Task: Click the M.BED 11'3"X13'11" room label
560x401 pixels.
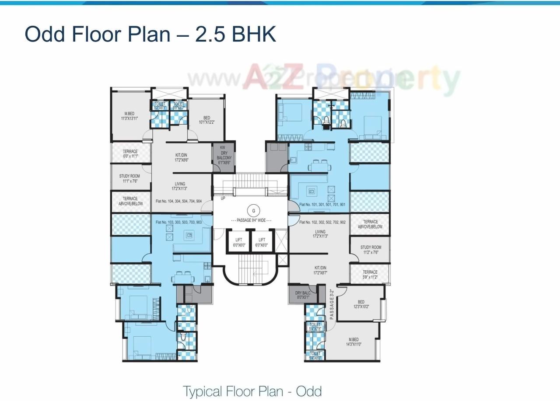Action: coord(129,116)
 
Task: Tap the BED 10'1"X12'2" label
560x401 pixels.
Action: coord(206,120)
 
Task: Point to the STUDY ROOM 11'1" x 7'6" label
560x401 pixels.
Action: coord(129,178)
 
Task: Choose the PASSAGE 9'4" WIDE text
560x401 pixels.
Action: coord(251,220)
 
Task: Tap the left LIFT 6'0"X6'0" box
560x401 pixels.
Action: coord(238,242)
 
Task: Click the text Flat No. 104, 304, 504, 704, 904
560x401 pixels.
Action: coord(178,202)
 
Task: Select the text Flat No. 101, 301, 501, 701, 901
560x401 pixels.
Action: coord(322,205)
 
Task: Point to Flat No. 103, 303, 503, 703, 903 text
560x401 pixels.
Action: coord(178,222)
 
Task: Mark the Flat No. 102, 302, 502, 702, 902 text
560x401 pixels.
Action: coord(322,222)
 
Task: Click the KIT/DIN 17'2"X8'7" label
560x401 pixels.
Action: coord(320,270)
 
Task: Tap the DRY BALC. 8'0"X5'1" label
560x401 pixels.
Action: coord(303,295)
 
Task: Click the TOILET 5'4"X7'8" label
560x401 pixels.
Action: coord(315,327)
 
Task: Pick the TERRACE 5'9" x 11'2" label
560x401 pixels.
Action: coord(370,275)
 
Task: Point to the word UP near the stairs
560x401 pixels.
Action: coord(223,198)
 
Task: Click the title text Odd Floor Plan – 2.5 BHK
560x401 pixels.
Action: coord(150,34)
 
